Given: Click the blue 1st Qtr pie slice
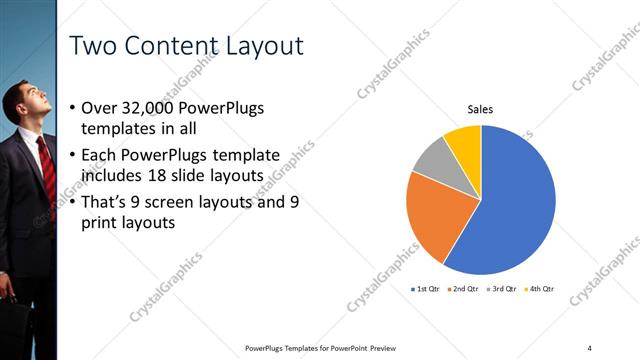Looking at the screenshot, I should click(510, 205).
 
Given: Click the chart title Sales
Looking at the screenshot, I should click(481, 109).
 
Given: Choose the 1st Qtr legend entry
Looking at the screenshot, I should click(425, 288).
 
